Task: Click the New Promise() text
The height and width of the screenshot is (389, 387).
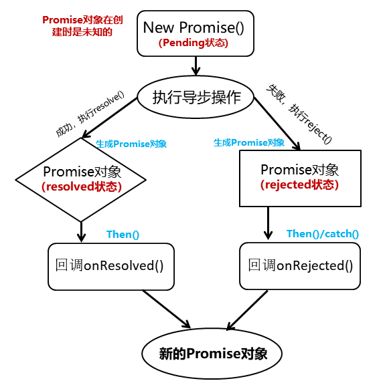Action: click(193, 27)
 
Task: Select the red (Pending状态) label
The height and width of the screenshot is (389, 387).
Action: click(193, 43)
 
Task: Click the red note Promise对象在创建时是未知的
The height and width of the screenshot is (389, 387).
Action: click(82, 26)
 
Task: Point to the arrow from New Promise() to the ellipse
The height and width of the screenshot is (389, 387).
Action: click(196, 66)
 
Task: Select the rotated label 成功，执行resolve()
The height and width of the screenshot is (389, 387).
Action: click(90, 114)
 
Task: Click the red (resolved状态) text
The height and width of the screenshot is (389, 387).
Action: click(82, 186)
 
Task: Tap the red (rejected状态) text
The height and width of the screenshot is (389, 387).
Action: click(299, 185)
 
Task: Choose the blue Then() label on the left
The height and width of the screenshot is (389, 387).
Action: click(123, 234)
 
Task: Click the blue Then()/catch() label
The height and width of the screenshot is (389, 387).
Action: click(323, 234)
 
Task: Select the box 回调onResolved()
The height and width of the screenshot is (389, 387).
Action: click(111, 267)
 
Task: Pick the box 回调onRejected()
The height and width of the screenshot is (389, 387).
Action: click(300, 266)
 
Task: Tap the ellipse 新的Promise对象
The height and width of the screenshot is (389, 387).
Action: click(212, 354)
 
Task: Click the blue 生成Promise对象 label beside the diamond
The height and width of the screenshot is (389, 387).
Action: click(131, 144)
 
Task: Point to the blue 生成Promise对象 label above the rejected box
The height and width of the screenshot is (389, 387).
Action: click(249, 142)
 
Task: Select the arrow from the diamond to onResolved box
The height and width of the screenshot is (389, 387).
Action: click(81, 232)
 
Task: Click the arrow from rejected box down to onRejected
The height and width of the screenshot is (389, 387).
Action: click(268, 223)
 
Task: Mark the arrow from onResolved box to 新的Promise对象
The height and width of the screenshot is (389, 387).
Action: click(167, 309)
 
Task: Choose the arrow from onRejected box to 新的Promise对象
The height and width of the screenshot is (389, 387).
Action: click(247, 310)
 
